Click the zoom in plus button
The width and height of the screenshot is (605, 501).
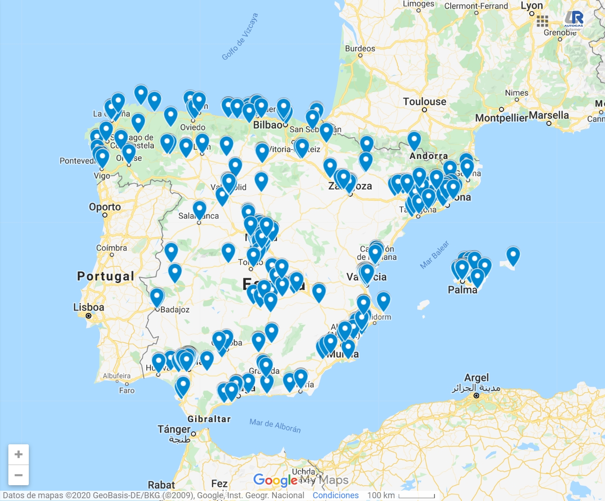tap(19, 455)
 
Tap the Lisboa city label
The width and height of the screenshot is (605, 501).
tap(88, 307)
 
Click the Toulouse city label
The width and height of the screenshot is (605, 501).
tap(424, 102)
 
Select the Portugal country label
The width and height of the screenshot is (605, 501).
tap(105, 277)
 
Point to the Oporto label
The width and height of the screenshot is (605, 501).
tap(105, 207)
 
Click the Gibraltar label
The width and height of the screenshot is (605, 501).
tap(209, 419)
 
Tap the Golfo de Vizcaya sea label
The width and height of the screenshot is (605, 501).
tap(240, 37)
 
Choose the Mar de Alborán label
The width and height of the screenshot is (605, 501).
tap(275, 425)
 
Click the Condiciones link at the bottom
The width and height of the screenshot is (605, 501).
tap(335, 495)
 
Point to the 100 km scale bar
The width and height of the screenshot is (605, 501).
tap(416, 495)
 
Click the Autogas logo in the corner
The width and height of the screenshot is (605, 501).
tap(574, 20)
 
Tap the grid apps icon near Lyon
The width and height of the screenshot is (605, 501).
tap(542, 21)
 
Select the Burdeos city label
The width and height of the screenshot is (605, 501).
tap(360, 48)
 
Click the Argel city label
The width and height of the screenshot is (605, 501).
tap(476, 377)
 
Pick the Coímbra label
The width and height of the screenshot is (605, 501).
tap(112, 248)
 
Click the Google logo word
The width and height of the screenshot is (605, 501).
tap(275, 480)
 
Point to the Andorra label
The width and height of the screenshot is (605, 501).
tap(428, 156)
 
